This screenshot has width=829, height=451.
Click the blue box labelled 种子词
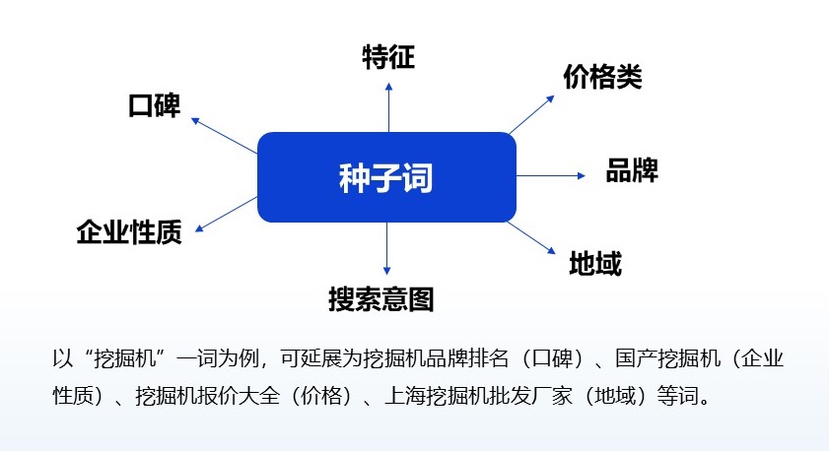[x=386, y=177]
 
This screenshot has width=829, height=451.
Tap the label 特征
[x=388, y=58]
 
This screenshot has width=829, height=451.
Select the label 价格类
[x=602, y=78]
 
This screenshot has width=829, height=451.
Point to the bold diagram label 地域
[x=595, y=263]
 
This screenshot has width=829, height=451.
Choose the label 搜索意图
[x=380, y=298]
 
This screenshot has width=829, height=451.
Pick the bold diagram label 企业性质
[x=129, y=232]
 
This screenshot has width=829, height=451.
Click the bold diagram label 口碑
[x=155, y=106]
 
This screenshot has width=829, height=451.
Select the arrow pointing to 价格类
[x=532, y=114]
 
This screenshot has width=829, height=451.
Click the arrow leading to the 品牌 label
[x=550, y=175]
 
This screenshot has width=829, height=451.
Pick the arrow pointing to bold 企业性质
[x=227, y=214]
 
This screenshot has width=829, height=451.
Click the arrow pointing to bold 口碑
[x=224, y=135]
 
